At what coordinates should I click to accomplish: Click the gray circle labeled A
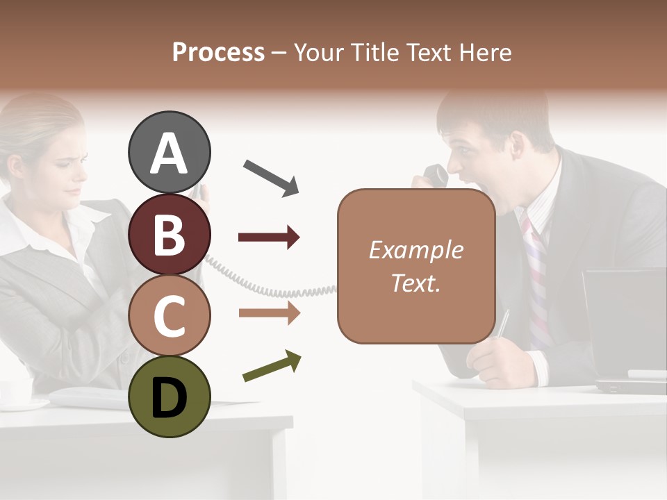(x=169, y=152)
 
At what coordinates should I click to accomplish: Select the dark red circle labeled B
(x=169, y=234)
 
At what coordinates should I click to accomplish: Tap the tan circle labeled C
(x=169, y=315)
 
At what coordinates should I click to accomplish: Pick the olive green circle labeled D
(x=169, y=397)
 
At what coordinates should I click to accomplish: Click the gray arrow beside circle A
(x=271, y=177)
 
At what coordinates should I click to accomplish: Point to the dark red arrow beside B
(x=269, y=237)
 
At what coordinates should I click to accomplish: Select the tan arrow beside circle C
(x=269, y=313)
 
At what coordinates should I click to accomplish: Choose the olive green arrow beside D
(x=272, y=366)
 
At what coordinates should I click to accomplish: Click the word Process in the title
(x=218, y=52)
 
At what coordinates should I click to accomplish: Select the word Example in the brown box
(x=415, y=250)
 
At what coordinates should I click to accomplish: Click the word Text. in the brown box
(x=415, y=283)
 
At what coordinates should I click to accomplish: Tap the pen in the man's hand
(x=502, y=324)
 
